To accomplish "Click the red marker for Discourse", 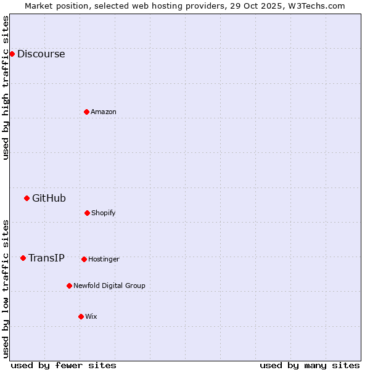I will click(12, 54).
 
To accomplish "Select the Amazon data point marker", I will click(86, 112).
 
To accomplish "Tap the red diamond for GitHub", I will click(27, 198).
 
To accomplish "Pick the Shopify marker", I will click(87, 213).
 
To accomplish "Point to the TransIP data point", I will click(23, 258).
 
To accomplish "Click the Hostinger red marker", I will click(84, 259).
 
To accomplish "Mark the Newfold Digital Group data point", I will click(69, 286).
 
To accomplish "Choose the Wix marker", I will click(81, 316).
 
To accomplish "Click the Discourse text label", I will click(41, 54).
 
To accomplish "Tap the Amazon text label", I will click(104, 112).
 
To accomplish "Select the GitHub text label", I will click(49, 198).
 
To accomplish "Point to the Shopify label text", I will click(104, 213).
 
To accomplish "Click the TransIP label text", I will click(46, 258).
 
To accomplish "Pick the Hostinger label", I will click(104, 259).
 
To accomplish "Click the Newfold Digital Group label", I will click(109, 286).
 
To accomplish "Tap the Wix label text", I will click(91, 316).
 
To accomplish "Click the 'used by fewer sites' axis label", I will click(64, 365).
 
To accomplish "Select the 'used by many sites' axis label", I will click(310, 365).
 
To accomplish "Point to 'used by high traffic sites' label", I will click(6, 88).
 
